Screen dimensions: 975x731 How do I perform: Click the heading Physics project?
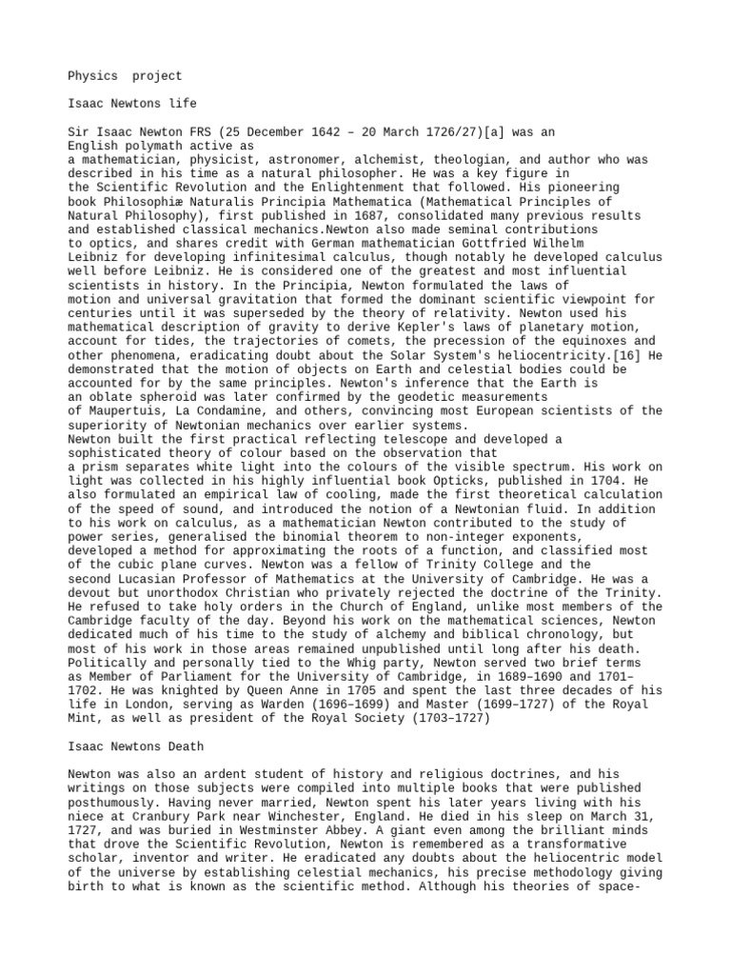pos(125,75)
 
